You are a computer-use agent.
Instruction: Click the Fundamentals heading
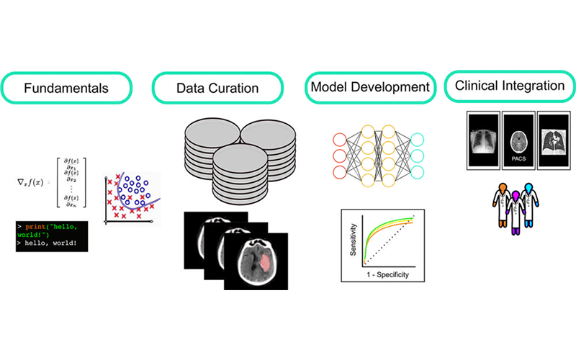66,89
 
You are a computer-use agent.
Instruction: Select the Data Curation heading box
217,89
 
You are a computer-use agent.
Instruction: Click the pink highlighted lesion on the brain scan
263,264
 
